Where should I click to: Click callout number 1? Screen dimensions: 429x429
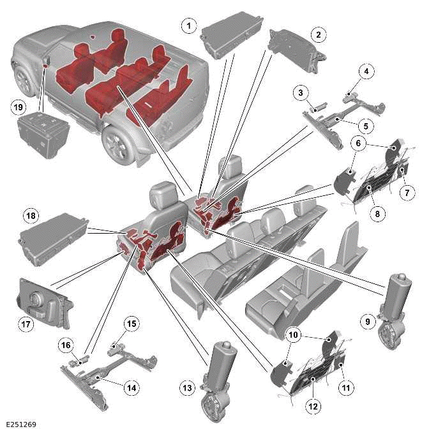pyautogui.click(x=188, y=26)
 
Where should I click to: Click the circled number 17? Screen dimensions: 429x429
pyautogui.click(x=26, y=324)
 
